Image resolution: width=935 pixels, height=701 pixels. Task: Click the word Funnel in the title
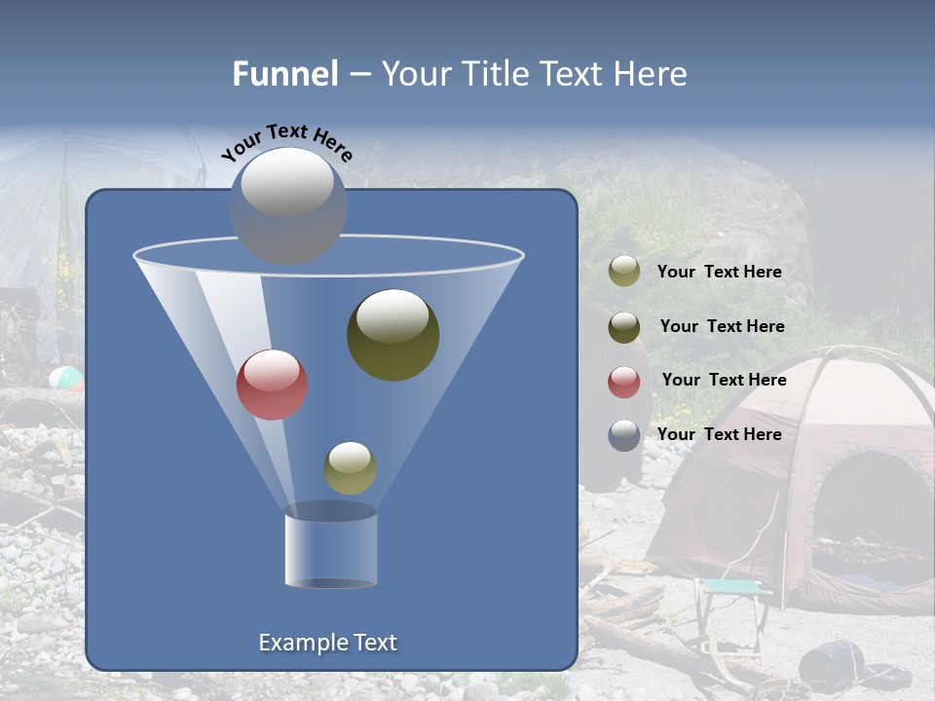coord(285,74)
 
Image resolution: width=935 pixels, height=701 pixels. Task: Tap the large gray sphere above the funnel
coord(287,205)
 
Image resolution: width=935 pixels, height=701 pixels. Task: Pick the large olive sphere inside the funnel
coord(393,334)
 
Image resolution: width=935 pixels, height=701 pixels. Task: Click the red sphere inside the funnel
coord(272,385)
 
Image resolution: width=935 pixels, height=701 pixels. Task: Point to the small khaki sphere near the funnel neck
coord(350,467)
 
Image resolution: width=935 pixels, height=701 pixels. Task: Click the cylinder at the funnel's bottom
coord(330,550)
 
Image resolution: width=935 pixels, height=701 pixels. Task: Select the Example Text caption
coord(327,643)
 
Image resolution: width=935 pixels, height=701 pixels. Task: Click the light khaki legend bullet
coord(624,272)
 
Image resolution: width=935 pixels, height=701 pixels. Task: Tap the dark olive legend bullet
coord(624,327)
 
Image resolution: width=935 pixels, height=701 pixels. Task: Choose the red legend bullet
coord(624,382)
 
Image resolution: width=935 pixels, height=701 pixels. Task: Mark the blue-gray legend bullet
coord(624,435)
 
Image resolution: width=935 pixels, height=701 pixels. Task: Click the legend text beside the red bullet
coord(724,380)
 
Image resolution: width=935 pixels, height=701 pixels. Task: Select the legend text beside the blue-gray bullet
coord(719,434)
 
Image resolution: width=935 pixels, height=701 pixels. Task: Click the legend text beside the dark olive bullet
coord(722,326)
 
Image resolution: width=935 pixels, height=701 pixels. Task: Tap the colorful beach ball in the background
coord(65,378)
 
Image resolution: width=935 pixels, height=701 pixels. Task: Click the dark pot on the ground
coord(831,664)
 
